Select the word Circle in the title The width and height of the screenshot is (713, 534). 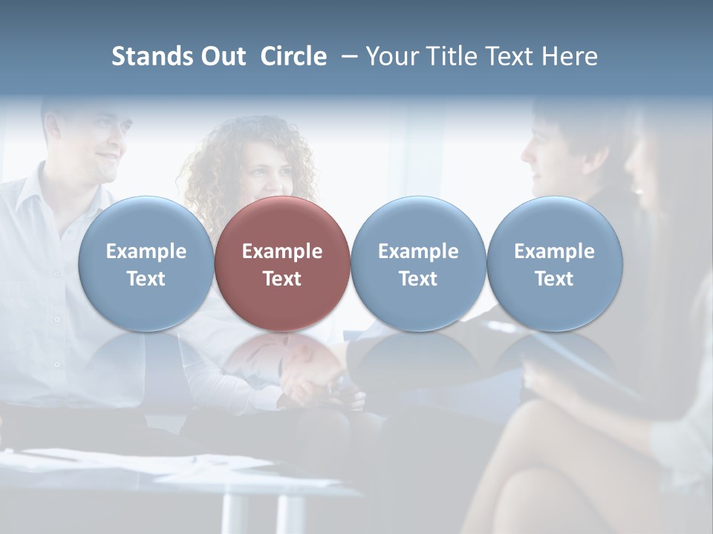(293, 56)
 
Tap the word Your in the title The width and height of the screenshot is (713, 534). (393, 56)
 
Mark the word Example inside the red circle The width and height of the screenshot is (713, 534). (282, 251)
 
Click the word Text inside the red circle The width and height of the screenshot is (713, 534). (282, 279)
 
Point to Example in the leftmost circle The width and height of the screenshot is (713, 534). (146, 251)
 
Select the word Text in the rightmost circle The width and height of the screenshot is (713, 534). (555, 279)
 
